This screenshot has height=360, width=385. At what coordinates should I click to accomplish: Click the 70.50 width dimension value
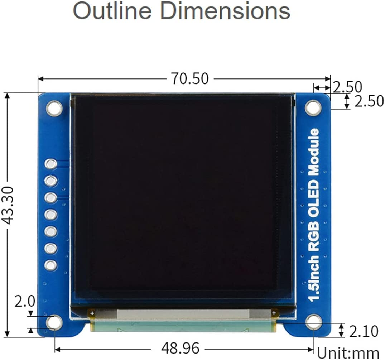(x=189, y=78)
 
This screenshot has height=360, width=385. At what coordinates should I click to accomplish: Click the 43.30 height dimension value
(x=8, y=205)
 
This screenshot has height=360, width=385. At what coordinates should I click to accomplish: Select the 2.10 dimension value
(x=363, y=332)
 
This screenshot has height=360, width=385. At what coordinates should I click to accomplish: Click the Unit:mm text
(x=348, y=353)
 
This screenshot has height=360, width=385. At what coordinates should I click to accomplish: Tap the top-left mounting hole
(x=54, y=108)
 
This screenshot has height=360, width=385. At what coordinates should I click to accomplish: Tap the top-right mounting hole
(x=313, y=107)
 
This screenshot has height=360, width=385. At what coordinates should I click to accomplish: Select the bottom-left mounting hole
(x=54, y=322)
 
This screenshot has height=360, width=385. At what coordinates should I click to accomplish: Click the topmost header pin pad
(x=50, y=164)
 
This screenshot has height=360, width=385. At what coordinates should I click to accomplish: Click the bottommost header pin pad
(x=50, y=265)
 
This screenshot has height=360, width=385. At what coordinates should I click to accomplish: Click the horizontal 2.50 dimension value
(x=347, y=87)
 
